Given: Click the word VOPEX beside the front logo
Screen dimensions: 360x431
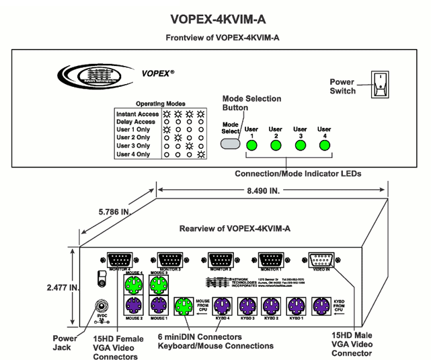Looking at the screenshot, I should pos(156,73).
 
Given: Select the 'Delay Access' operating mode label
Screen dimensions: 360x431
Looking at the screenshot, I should pos(136,122).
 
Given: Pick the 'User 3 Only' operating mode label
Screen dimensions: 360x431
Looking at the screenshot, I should pos(133,145).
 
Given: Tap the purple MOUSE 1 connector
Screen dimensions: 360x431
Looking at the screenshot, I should pos(159,305).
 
